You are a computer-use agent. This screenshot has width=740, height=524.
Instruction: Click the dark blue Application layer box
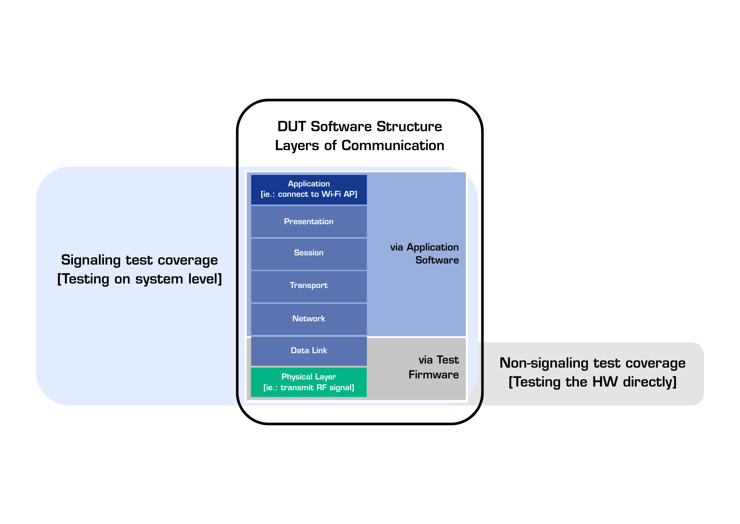(x=309, y=189)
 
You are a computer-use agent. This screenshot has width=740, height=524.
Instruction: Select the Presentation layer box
(x=309, y=222)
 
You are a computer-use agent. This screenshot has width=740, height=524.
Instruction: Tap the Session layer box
(x=309, y=253)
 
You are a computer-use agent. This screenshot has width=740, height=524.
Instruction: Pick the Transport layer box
(x=309, y=286)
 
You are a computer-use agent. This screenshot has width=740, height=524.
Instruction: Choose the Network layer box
(x=309, y=319)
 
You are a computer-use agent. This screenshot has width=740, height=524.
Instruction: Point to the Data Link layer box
(x=309, y=351)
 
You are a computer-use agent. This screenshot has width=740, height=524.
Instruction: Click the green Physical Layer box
(x=309, y=382)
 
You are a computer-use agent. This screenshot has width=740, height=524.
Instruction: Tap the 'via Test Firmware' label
(x=433, y=367)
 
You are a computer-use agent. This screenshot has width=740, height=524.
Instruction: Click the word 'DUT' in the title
(x=292, y=127)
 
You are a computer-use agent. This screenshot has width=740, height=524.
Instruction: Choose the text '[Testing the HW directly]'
(x=592, y=382)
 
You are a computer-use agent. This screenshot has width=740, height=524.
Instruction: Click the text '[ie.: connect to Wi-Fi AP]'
(x=309, y=195)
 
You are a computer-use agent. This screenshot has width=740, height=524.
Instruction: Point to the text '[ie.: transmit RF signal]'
(x=309, y=388)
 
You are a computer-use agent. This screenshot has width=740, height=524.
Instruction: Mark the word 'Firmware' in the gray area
(x=433, y=375)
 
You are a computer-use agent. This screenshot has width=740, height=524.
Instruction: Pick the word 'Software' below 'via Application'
(x=437, y=261)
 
